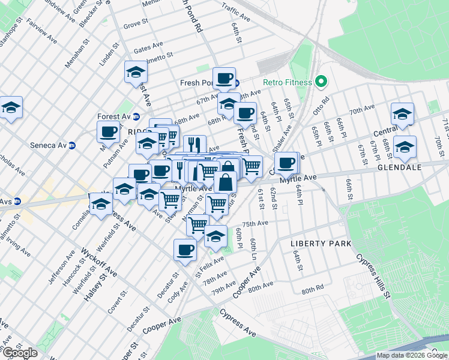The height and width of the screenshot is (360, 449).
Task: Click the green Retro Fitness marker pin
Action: coord(321,82)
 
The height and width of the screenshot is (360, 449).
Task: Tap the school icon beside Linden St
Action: coord(136,73)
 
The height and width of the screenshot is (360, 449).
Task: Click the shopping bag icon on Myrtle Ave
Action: coord(225,182)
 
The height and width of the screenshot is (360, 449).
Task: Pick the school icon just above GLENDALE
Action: coord(405,147)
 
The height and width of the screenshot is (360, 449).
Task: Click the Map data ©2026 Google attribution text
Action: coord(412,355)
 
